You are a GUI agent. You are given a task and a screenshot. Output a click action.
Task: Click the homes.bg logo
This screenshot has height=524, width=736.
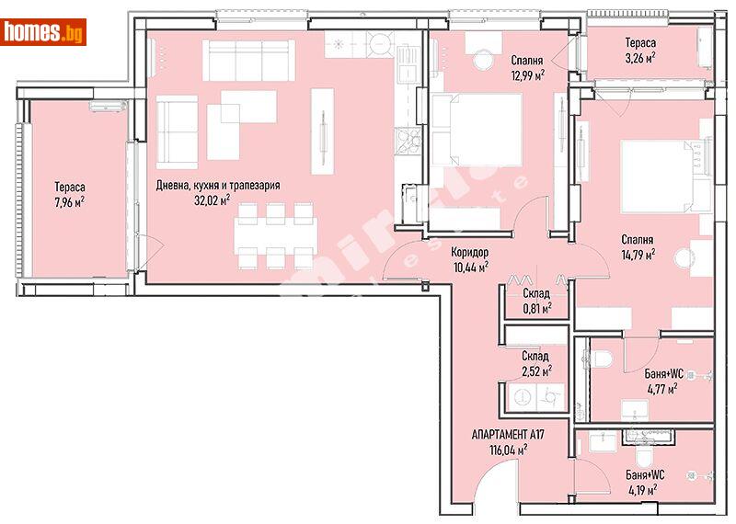tap(44, 32)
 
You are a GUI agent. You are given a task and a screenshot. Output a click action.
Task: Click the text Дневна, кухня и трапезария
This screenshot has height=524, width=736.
tap(218, 185)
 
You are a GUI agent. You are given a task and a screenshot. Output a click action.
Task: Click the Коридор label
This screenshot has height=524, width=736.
tap(469, 252)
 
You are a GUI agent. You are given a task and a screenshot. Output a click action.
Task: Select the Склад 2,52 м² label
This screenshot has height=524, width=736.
tap(535, 363)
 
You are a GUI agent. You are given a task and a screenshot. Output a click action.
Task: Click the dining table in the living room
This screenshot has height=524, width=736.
tap(275, 234)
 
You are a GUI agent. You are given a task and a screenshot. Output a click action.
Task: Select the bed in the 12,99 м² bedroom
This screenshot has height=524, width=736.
tap(477, 130)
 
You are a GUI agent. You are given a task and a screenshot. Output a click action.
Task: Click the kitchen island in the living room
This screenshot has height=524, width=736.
tap(322, 130)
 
